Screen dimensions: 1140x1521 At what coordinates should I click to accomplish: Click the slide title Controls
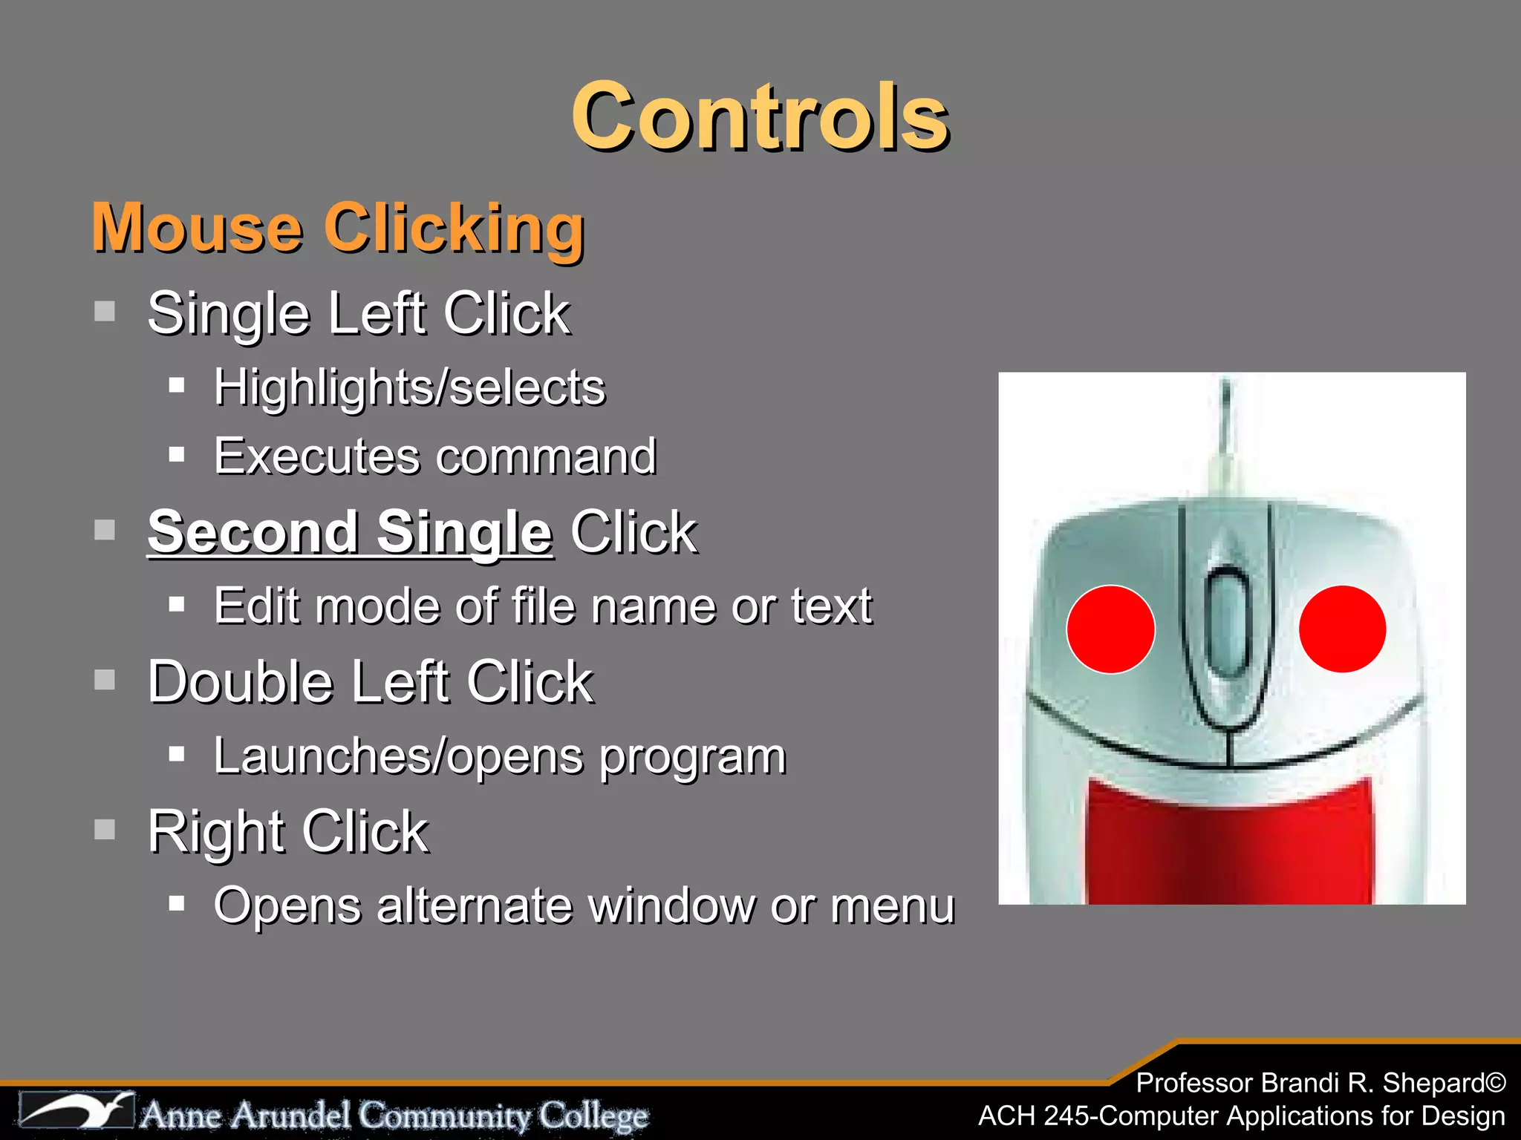tap(760, 117)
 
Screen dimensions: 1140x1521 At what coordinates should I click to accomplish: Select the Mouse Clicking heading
tap(338, 228)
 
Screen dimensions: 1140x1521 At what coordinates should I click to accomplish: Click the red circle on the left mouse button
tap(1110, 629)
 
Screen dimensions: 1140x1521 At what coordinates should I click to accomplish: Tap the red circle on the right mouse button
tap(1342, 629)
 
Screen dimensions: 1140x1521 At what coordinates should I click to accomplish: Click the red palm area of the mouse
tap(1229, 846)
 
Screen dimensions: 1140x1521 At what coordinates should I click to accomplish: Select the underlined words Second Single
tap(350, 532)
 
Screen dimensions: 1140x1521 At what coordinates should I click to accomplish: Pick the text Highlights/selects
tap(409, 387)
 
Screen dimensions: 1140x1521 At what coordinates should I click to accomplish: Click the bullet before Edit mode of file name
tap(176, 604)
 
